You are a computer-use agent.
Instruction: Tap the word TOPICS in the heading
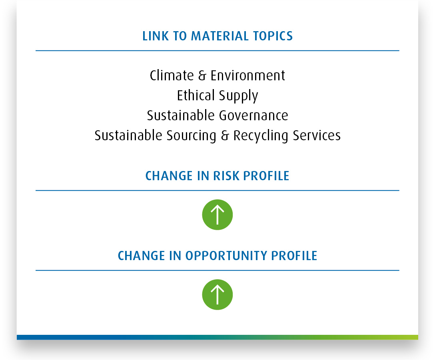pos(273,36)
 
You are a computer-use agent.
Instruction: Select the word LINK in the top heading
pos(156,36)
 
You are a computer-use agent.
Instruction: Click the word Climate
pos(172,76)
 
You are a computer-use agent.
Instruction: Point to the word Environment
pos(248,76)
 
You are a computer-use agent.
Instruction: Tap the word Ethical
pos(196,95)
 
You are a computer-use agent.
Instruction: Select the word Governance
pos(253,115)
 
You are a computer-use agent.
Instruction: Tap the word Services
pos(317,135)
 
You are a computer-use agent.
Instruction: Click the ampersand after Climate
pos(202,76)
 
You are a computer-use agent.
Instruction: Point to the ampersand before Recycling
pos(225,135)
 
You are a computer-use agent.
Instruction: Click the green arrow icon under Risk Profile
pos(217,215)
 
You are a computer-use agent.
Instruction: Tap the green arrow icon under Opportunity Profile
pos(217,294)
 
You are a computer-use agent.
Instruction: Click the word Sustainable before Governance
pos(181,115)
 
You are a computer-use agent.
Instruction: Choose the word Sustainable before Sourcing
pos(128,135)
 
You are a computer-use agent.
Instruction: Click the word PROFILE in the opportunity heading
pos(294,256)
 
